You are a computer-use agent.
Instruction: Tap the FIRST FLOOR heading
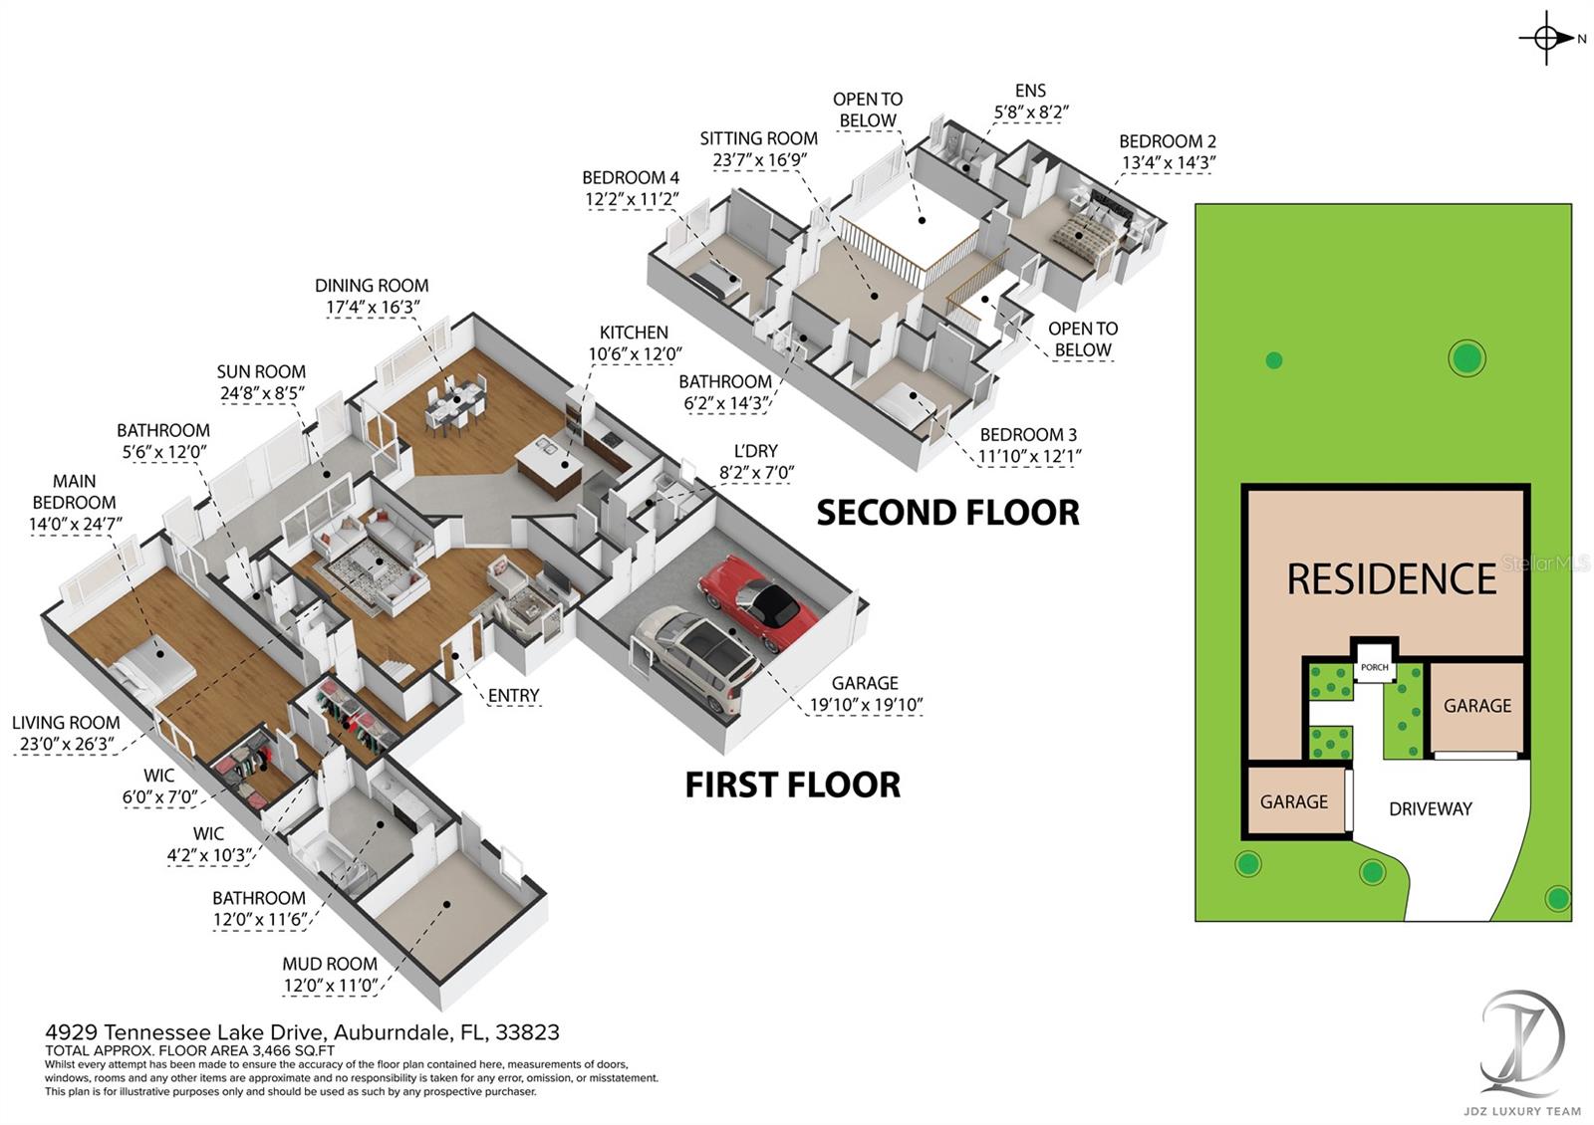pos(792,785)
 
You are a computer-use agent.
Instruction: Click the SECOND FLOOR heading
pos(947,513)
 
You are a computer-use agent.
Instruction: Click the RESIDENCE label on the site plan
pos(1391,578)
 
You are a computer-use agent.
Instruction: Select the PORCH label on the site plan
pos(1374,667)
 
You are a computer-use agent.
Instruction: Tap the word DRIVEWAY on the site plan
pos(1430,808)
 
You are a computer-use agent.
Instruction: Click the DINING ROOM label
pos(372,286)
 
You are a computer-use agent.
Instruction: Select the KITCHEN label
pos(634,333)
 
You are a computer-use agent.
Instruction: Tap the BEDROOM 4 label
pos(631,178)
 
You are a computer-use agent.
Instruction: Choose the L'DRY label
pos(755,451)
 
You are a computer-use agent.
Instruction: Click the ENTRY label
pos(513,695)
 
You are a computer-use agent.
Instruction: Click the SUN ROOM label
pos(261,371)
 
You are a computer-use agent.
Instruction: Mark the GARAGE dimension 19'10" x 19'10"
pos(866,705)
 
